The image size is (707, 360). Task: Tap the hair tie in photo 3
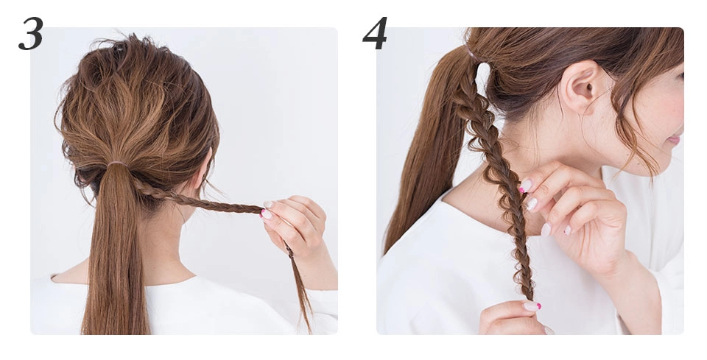(116, 164)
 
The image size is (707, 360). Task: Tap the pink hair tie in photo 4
(471, 52)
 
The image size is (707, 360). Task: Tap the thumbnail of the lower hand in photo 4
(531, 306)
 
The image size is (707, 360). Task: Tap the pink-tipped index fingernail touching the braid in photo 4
(525, 186)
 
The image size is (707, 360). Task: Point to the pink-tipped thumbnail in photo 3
(266, 214)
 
